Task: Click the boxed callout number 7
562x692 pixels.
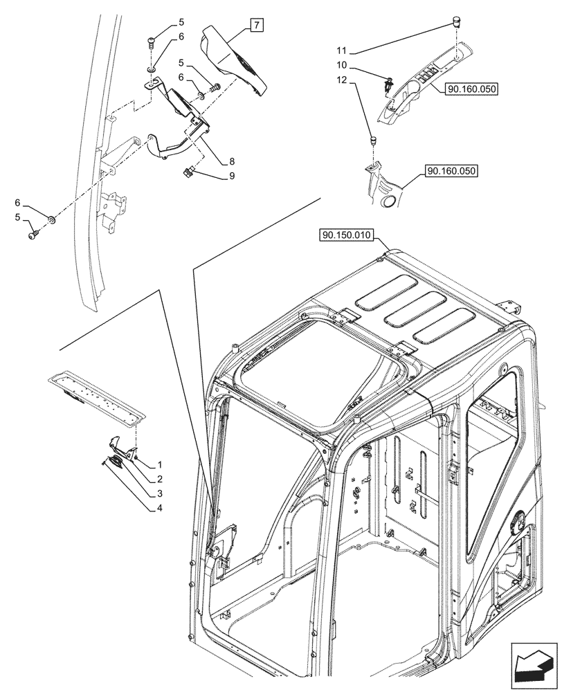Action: click(x=255, y=26)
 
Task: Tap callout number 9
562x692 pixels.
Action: click(x=232, y=176)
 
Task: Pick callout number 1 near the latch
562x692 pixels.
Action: click(x=159, y=464)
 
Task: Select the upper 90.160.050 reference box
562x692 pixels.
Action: click(x=473, y=89)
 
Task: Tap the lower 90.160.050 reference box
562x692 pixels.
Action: click(x=452, y=170)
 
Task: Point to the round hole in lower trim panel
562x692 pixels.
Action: click(x=388, y=201)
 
